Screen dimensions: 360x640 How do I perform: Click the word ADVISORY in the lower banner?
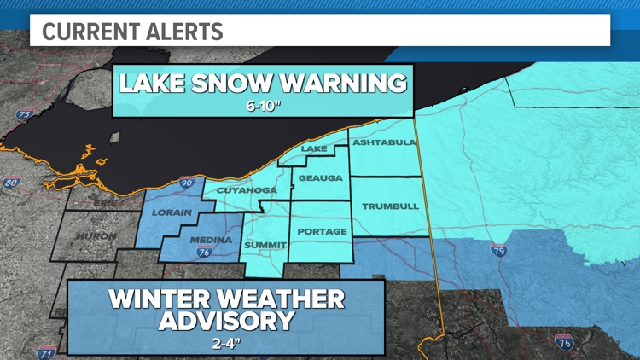point(226,322)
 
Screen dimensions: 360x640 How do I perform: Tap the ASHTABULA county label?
point(383,142)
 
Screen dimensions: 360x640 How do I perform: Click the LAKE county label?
point(314,149)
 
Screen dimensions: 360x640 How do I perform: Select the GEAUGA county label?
point(321,178)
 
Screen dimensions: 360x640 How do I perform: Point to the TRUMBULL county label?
point(390,206)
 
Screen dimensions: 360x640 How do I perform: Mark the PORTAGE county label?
point(322,231)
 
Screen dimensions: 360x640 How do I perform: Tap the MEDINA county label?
point(211,240)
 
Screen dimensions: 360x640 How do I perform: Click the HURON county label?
point(96,235)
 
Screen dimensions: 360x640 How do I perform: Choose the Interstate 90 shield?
point(187,183)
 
